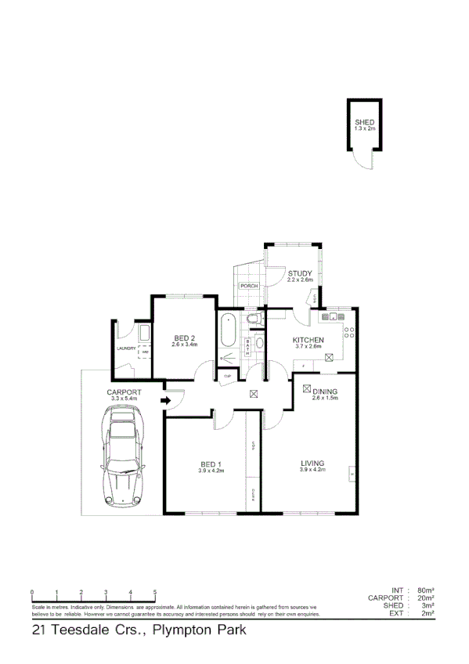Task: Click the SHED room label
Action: [365, 123]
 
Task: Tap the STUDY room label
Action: [299, 273]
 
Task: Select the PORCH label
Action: [250, 286]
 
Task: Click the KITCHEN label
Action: [308, 340]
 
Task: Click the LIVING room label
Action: [312, 464]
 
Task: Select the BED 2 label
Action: [184, 337]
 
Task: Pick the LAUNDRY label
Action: [126, 348]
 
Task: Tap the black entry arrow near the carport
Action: [165, 401]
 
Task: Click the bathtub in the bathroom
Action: [228, 330]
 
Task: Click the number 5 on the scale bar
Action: [155, 592]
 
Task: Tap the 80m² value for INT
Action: [426, 590]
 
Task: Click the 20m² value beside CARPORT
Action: [426, 598]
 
